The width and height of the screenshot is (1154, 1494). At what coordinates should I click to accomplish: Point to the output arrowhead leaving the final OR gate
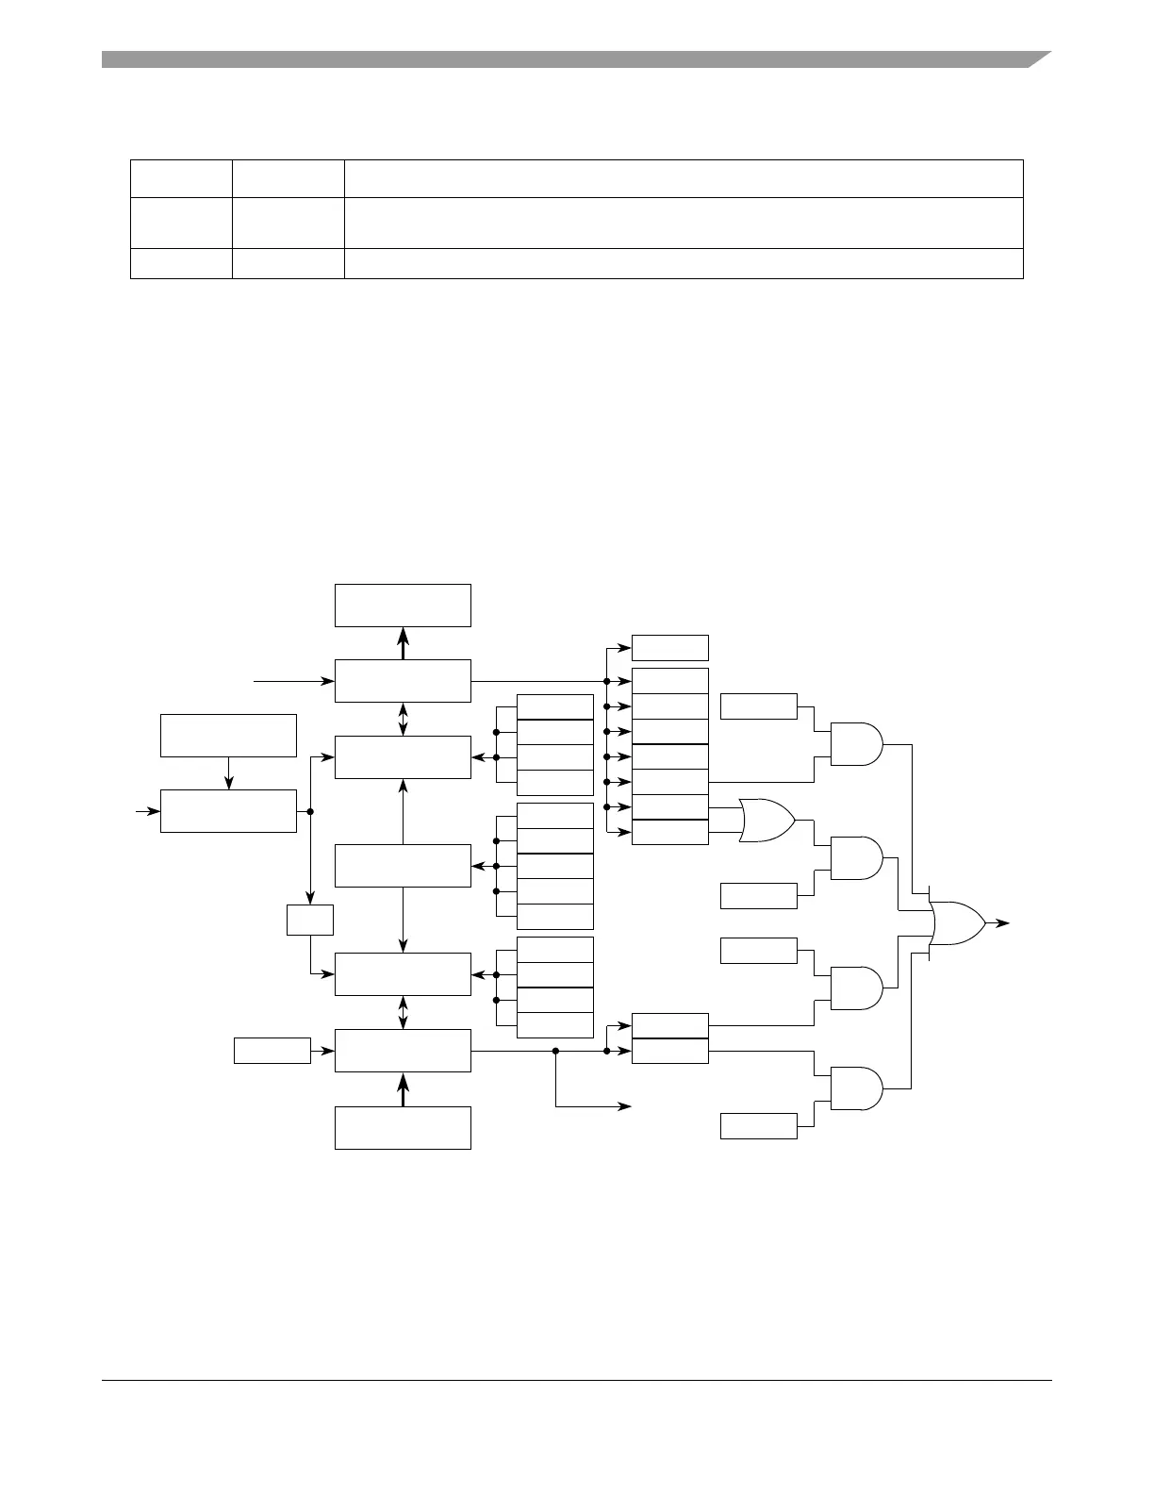1004,923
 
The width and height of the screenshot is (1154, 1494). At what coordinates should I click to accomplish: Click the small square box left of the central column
310,920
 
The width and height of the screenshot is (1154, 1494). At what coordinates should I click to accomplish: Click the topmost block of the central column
403,605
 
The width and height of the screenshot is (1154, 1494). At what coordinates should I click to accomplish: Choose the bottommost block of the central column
403,1127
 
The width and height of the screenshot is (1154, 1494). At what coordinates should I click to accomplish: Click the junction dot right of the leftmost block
310,811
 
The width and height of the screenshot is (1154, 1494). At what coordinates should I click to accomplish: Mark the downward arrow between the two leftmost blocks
228,773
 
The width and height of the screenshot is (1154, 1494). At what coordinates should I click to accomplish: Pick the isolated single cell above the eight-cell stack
669,648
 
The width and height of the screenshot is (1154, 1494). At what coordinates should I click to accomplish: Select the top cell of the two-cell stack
669,1025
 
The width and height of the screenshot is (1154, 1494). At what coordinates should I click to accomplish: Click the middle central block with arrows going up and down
403,866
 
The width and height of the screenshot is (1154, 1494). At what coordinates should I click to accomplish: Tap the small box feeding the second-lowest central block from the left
272,1050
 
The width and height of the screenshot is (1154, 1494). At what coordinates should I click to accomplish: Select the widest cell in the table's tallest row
684,223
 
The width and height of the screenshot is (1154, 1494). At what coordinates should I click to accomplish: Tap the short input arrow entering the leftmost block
148,810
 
